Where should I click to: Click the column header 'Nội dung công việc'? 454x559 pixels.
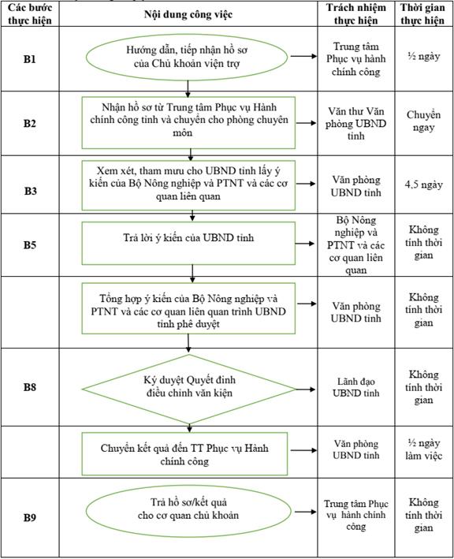coord(188,14)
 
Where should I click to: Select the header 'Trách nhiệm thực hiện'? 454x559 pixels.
coord(356,14)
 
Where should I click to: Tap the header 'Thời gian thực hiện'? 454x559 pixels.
coord(422,14)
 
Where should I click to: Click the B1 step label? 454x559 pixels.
coord(30,59)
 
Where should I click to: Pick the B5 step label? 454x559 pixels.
coord(30,245)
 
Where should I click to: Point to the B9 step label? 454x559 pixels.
coord(30,517)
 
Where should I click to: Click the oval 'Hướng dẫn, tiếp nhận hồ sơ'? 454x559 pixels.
coord(187,57)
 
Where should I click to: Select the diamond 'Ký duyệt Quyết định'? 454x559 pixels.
coord(189,389)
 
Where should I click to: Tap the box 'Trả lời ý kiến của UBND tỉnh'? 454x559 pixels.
coord(188,243)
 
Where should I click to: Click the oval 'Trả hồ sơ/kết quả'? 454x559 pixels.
coord(188,511)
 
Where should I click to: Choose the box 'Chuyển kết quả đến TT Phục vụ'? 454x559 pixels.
coord(184,454)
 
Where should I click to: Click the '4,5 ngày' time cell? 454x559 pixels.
coord(424,184)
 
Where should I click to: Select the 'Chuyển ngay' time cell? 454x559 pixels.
coord(424,121)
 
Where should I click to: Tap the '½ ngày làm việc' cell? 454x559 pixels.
coord(424,449)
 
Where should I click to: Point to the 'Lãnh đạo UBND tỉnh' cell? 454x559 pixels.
coord(356,387)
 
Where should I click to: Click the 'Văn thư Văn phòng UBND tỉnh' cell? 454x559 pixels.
coord(356,123)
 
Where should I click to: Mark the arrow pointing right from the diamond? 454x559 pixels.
coord(306,389)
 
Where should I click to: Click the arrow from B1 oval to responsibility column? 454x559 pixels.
coord(303,56)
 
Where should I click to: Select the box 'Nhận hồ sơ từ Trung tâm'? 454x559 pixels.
coord(188,122)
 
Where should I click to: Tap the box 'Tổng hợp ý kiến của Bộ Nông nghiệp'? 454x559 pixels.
coord(188,308)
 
